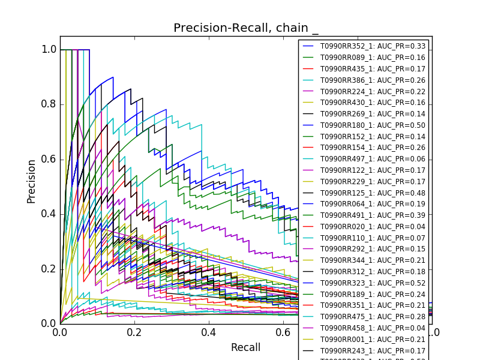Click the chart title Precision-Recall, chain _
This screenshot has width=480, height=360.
(246, 28)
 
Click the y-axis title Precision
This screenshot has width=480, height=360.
(31, 181)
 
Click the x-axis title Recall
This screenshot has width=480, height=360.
(246, 347)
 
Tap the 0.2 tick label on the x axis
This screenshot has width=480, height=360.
(134, 332)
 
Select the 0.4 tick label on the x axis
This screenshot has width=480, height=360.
(209, 332)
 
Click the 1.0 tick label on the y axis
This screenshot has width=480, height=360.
(49, 50)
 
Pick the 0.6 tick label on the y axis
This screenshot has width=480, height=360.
(49, 159)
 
